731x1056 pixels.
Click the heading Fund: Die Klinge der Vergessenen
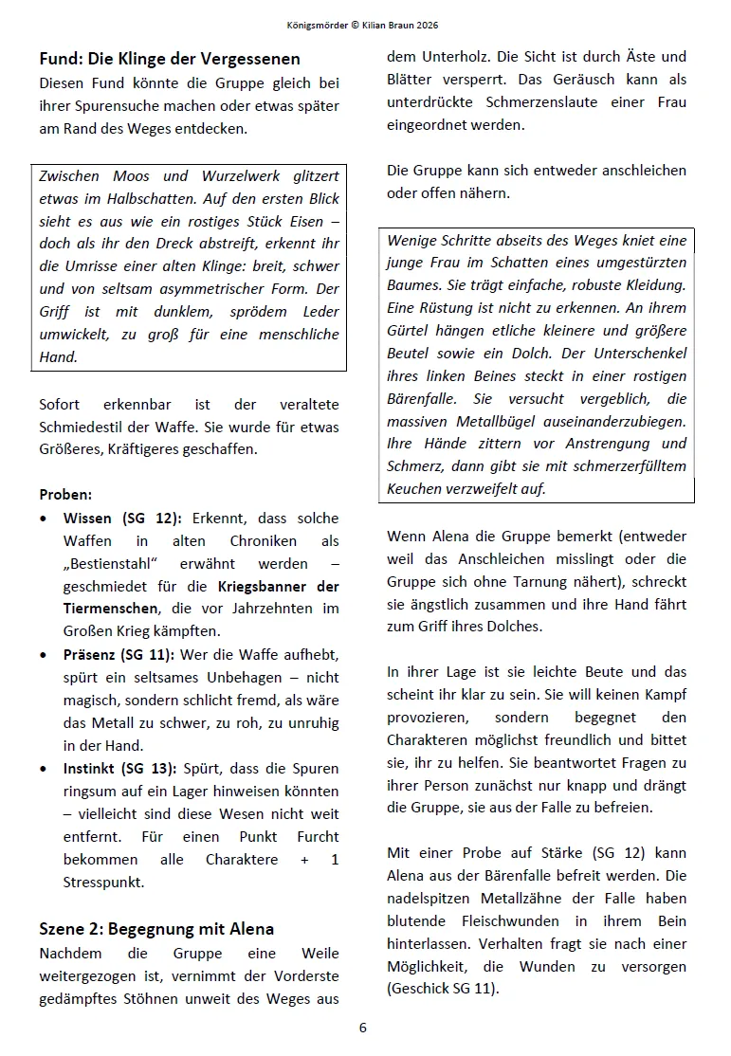170,59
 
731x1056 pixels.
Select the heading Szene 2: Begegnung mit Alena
156,928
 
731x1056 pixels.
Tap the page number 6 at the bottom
363,1027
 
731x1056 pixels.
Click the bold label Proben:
65,495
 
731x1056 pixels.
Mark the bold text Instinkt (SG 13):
125,769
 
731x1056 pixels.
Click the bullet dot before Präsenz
46,655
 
